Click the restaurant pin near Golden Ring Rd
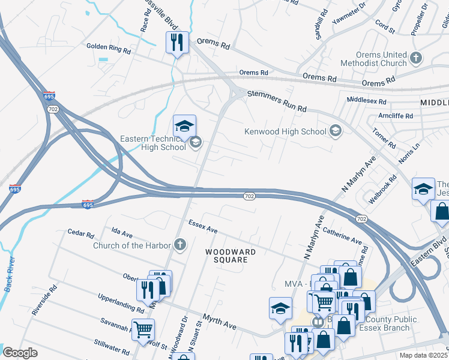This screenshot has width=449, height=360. [x=177, y=42]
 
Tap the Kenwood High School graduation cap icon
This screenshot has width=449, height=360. [x=336, y=131]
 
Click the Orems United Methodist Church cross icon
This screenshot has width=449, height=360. [x=416, y=59]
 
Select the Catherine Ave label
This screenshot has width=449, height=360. [x=342, y=235]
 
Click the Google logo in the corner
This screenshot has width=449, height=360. [x=20, y=353]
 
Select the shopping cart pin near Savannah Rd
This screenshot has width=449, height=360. [x=143, y=329]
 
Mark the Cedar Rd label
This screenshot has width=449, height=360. [x=81, y=233]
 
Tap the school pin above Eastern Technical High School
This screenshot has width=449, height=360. [x=184, y=125]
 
